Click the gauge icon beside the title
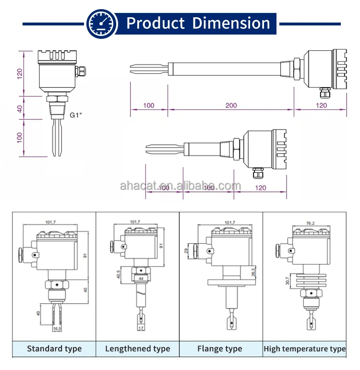(x=102, y=23)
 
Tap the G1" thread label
(x=77, y=115)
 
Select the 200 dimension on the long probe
(x=231, y=105)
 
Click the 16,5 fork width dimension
(x=57, y=329)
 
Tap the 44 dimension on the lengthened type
(x=141, y=278)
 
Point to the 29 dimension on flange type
(x=187, y=251)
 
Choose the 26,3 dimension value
(x=253, y=272)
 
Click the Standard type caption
(x=54, y=349)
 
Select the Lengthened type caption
(x=138, y=349)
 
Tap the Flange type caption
(x=220, y=349)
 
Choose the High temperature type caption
(x=304, y=349)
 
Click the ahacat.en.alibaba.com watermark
(x=180, y=186)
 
